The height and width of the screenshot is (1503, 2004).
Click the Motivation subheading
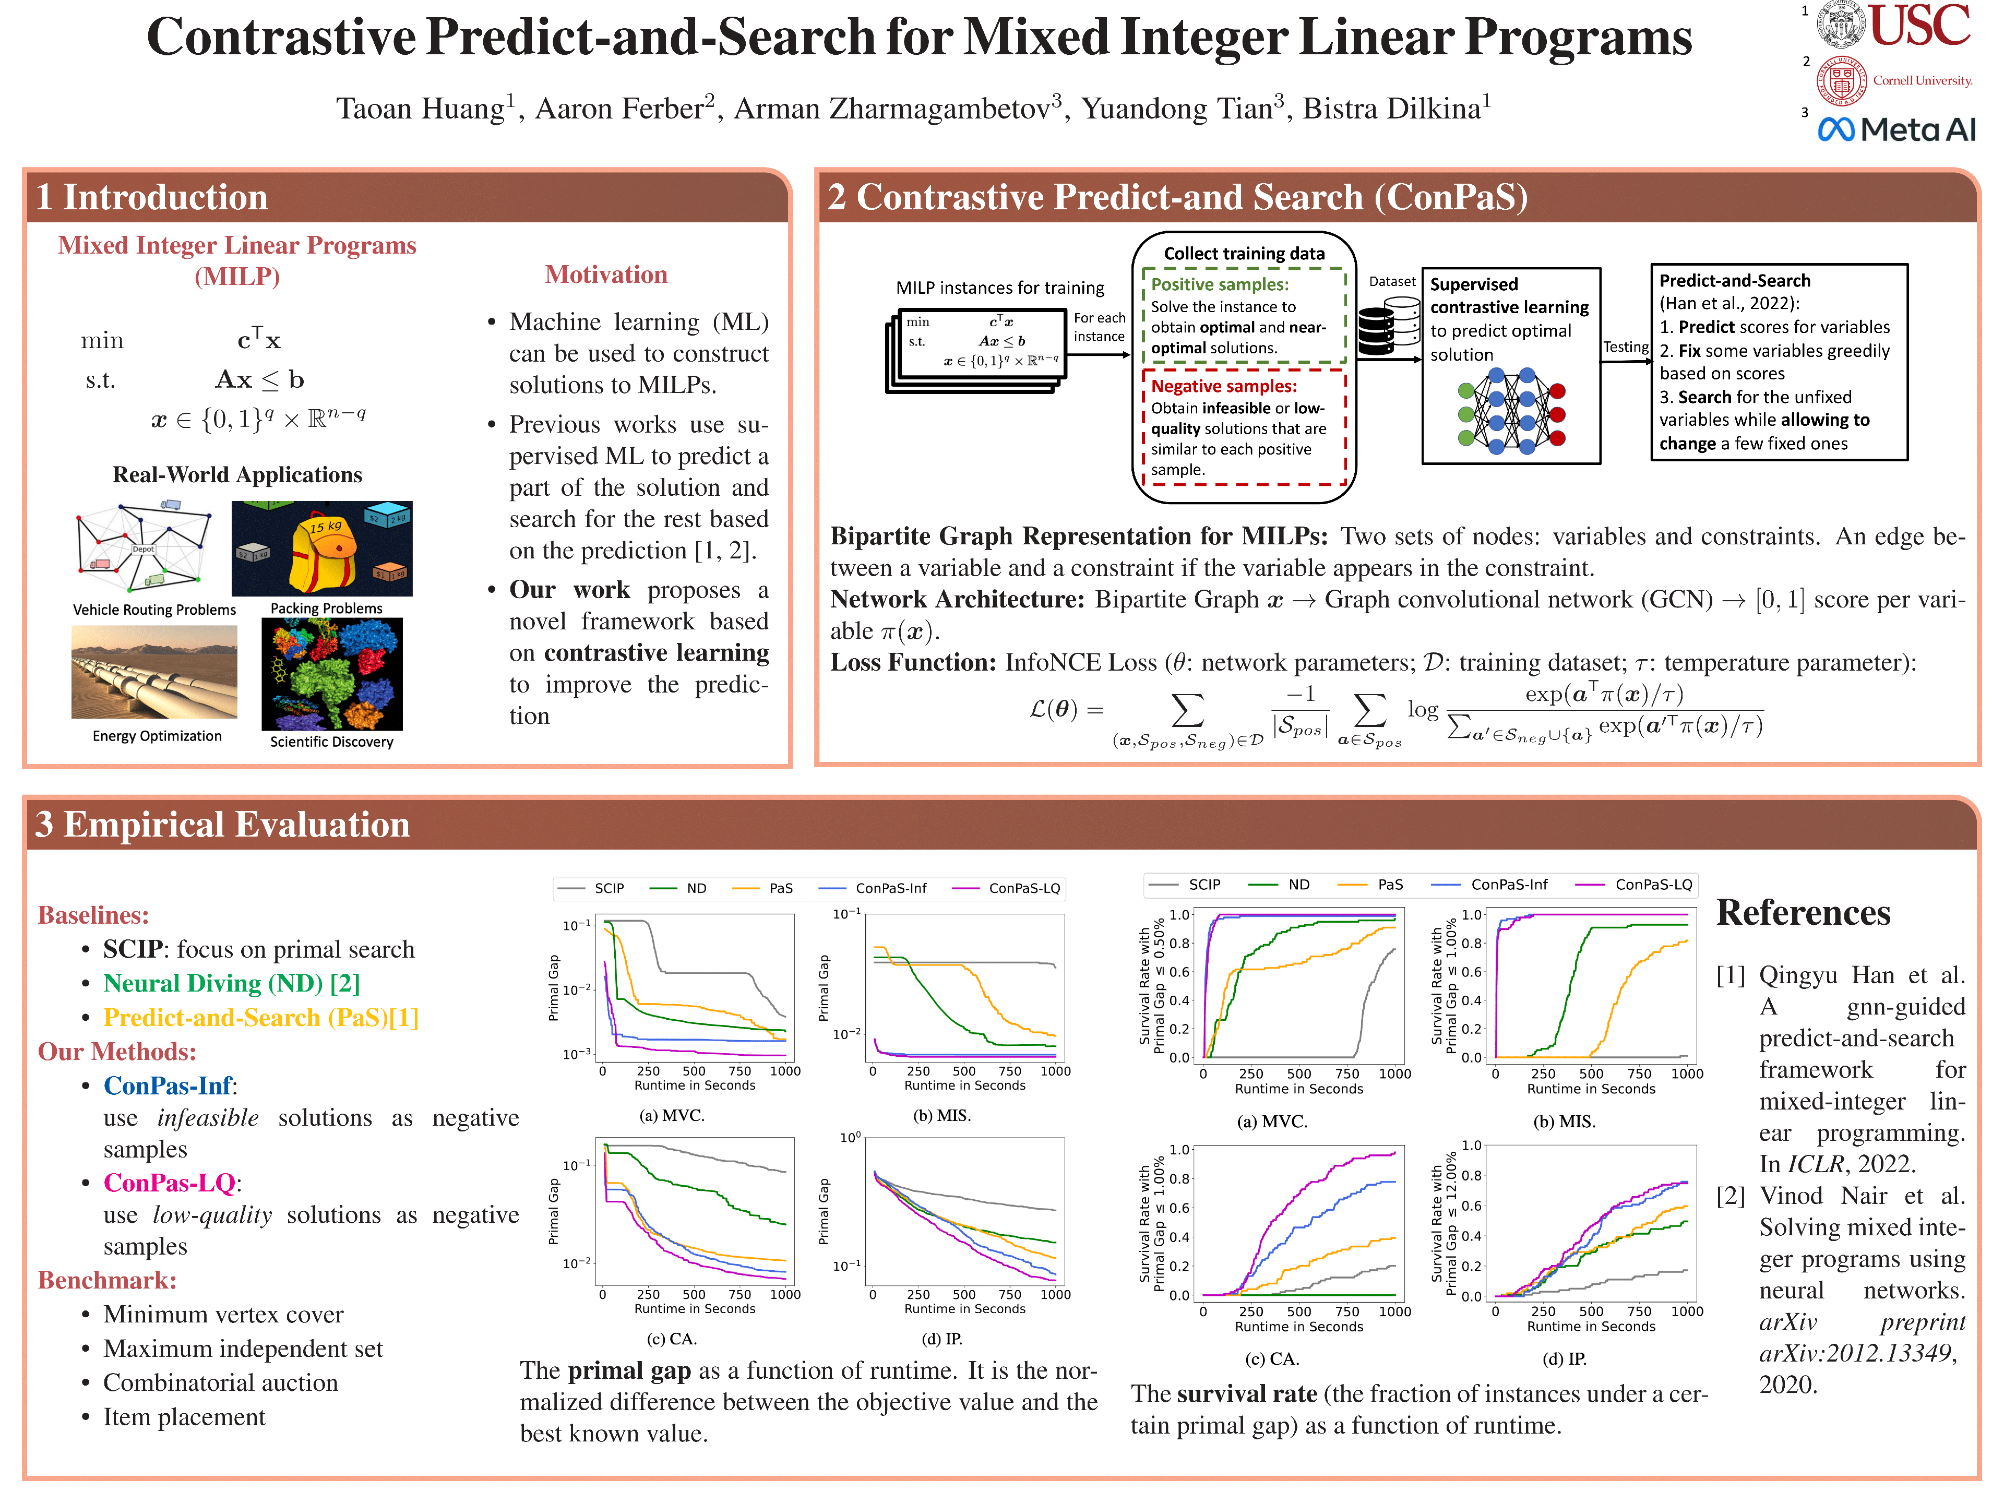(x=606, y=275)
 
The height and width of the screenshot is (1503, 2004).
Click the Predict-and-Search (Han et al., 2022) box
(x=1779, y=362)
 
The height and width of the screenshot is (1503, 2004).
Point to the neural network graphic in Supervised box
(x=1511, y=410)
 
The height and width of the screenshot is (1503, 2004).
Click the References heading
(x=1803, y=912)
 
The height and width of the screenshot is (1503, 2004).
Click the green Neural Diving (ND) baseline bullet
(x=231, y=983)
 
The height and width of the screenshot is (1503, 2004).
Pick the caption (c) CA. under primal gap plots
(x=671, y=1338)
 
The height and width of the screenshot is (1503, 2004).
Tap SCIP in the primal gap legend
(x=609, y=888)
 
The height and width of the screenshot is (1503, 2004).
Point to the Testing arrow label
(x=1625, y=347)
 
